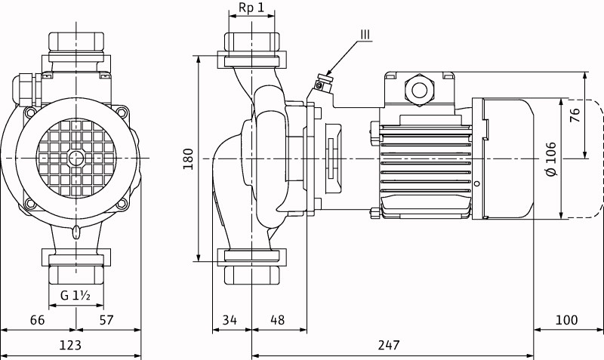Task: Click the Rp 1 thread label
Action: (251, 8)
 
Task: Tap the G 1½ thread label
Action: (75, 295)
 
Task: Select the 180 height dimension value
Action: (189, 158)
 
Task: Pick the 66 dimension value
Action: (37, 320)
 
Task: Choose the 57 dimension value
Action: (106, 320)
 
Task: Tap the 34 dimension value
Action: (230, 320)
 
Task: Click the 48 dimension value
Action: (278, 320)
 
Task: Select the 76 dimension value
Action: (575, 115)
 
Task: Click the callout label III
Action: (365, 34)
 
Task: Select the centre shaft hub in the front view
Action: (75, 158)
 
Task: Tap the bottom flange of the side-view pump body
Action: (251, 256)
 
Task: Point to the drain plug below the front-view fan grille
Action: (76, 231)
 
